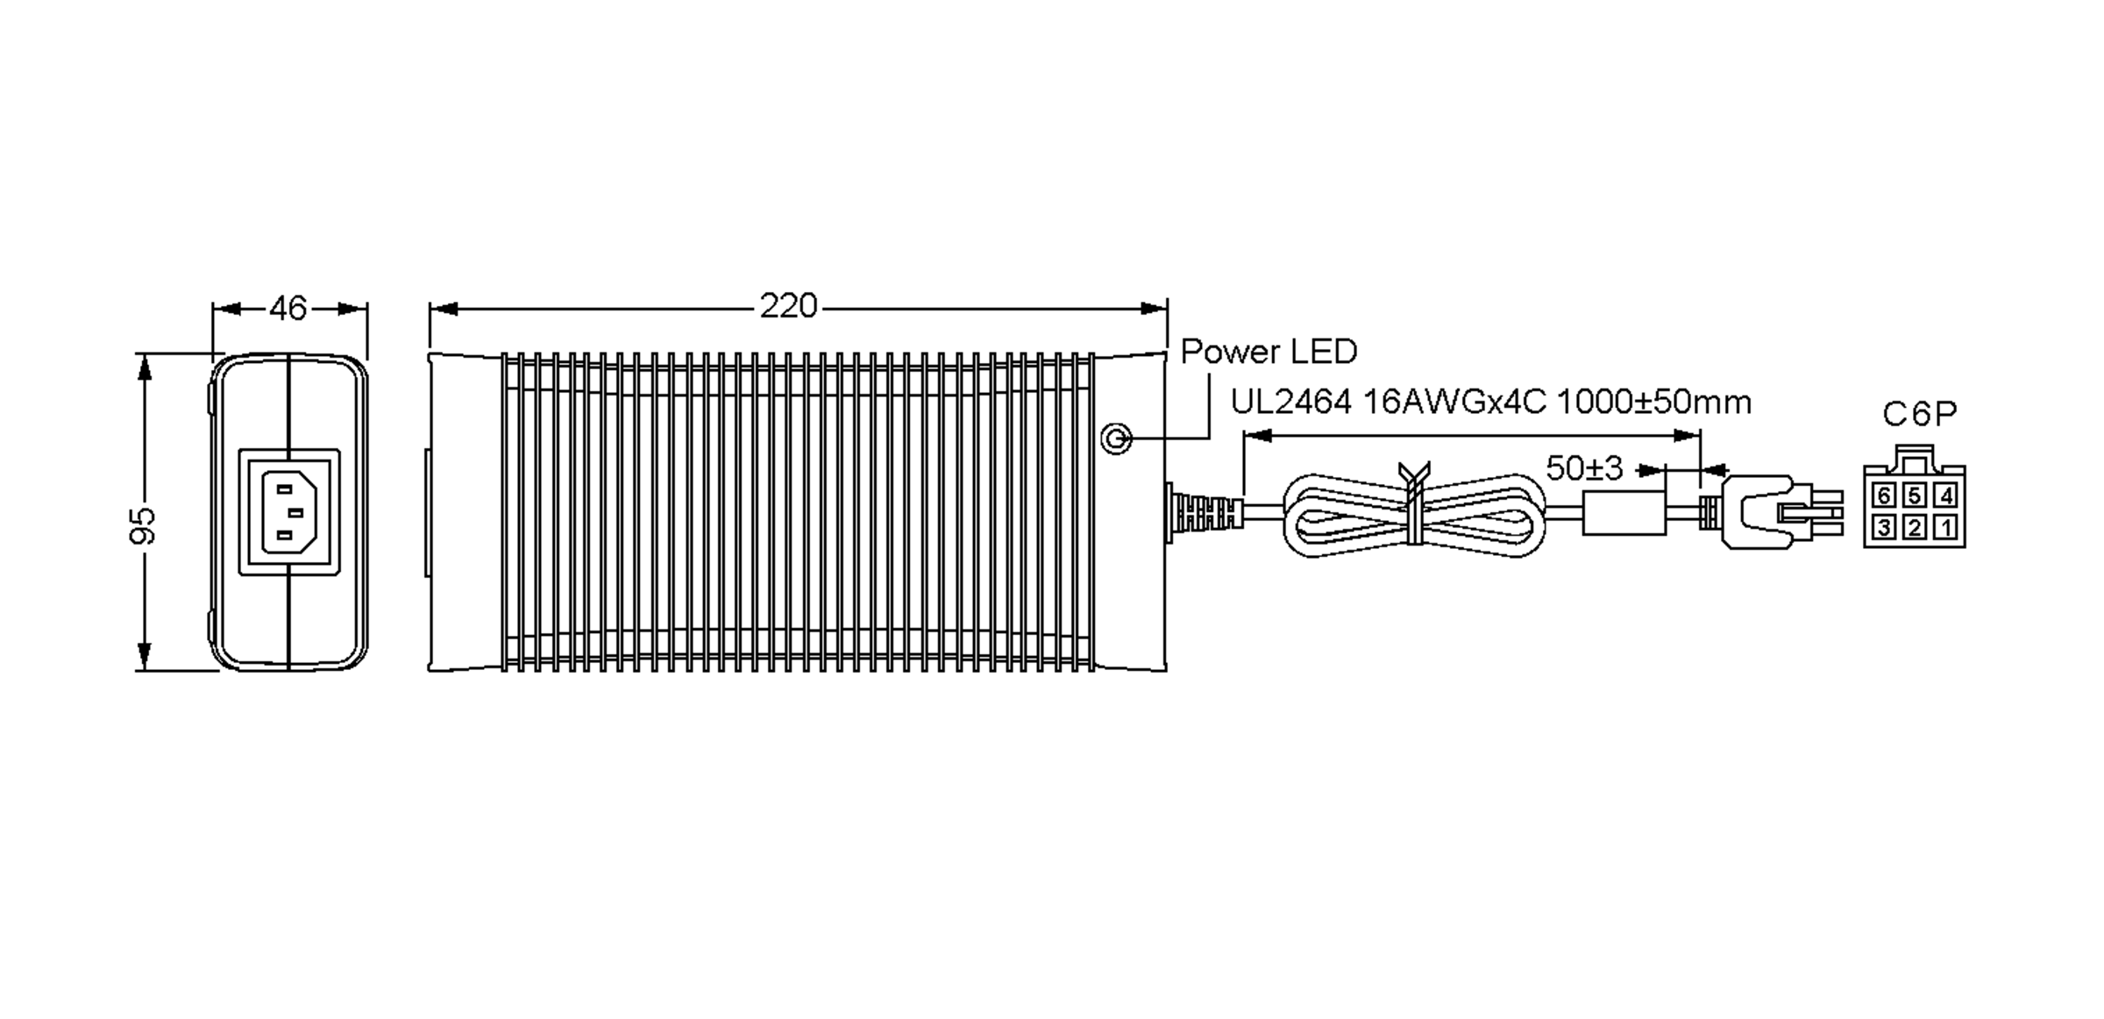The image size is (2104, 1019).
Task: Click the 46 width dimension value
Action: pyautogui.click(x=288, y=309)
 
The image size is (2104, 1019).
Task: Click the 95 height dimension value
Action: pyautogui.click(x=143, y=524)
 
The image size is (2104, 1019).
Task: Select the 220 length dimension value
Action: pyautogui.click(x=788, y=306)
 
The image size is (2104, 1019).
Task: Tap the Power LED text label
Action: pyautogui.click(x=1269, y=352)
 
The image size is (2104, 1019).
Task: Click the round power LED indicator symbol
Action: pyautogui.click(x=1116, y=438)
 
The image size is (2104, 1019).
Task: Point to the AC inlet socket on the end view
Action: pyautogui.click(x=289, y=511)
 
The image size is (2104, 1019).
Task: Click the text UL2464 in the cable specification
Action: pyautogui.click(x=1291, y=403)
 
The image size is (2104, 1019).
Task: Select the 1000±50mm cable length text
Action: pyautogui.click(x=1653, y=403)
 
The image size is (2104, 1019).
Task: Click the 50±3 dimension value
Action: pyautogui.click(x=1585, y=468)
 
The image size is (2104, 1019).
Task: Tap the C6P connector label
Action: pyautogui.click(x=1919, y=413)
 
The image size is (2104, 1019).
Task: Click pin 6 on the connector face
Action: pyautogui.click(x=1884, y=496)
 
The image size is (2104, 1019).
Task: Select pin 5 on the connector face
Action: pyautogui.click(x=1915, y=496)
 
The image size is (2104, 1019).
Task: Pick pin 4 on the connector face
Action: pyautogui.click(x=1945, y=496)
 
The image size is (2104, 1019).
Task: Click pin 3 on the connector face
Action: pyautogui.click(x=1884, y=527)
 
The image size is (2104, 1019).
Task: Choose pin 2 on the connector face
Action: pyautogui.click(x=1915, y=527)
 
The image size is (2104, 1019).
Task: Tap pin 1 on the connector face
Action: pyautogui.click(x=1945, y=527)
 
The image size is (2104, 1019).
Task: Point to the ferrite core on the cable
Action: pyautogui.click(x=1624, y=513)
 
